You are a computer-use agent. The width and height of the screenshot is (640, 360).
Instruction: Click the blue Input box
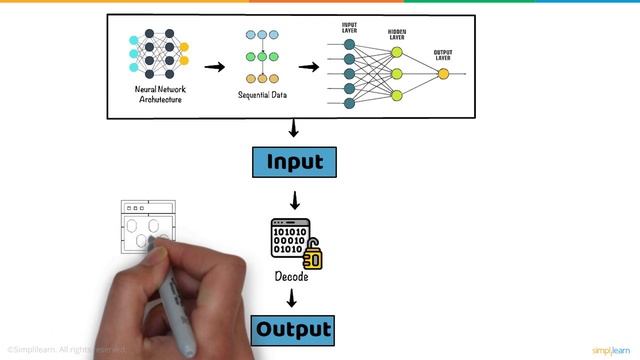point(294,162)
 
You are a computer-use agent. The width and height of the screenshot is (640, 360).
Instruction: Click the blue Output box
point(293,329)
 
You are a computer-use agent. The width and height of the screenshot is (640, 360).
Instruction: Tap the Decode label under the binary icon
point(292,276)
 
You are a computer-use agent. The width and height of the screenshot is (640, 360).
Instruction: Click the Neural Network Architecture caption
point(160,94)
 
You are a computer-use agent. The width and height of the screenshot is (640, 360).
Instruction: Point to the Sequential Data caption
point(262,95)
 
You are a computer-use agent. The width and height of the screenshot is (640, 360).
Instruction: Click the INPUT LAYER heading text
point(349,26)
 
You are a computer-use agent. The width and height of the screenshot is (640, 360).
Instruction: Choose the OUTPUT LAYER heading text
point(444,54)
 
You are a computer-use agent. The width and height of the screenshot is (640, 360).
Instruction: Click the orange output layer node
point(443,73)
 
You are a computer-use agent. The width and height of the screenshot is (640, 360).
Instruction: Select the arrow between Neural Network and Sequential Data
point(215,67)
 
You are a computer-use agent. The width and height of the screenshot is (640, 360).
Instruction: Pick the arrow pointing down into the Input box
point(294,130)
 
